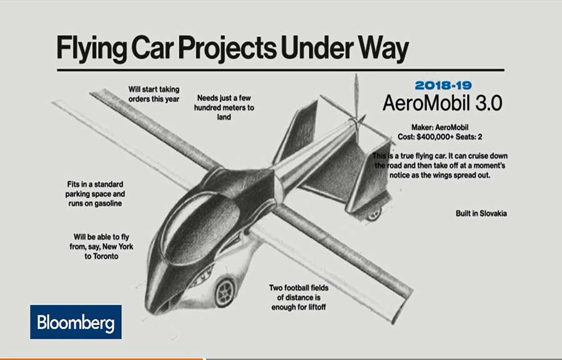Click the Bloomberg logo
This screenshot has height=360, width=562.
(x=76, y=322)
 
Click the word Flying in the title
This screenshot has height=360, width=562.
(x=91, y=48)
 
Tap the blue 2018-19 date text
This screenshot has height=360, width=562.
(x=443, y=86)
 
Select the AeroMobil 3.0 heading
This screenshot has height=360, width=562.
(x=442, y=103)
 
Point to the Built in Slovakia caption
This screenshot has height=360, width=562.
(x=481, y=213)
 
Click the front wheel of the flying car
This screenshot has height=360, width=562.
(x=225, y=292)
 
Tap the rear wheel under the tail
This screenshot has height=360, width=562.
(x=373, y=214)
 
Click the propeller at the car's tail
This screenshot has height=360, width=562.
(x=357, y=107)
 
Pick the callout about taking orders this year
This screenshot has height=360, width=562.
(x=154, y=94)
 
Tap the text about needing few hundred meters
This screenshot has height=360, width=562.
(x=224, y=107)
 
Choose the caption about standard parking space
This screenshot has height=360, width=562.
(x=95, y=194)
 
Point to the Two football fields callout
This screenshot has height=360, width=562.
(x=298, y=297)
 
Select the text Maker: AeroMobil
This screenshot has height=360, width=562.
(x=440, y=127)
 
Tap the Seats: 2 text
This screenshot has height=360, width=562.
(x=469, y=137)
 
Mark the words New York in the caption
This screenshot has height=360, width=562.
(x=118, y=247)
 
